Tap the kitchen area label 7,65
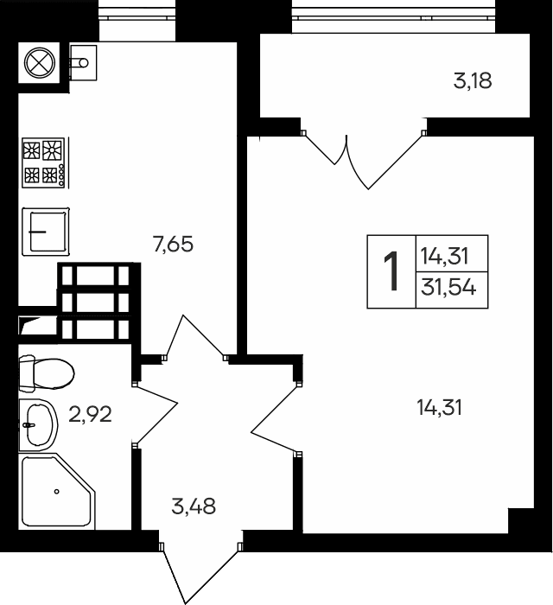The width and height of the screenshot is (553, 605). [173, 245]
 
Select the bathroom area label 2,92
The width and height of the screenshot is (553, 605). [91, 414]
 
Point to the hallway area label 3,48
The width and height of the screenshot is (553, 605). [194, 506]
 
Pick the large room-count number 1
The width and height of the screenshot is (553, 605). [391, 271]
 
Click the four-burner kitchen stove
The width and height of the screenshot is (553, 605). [42, 162]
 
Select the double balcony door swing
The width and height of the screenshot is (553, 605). [363, 157]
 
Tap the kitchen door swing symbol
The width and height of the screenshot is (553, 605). [194, 339]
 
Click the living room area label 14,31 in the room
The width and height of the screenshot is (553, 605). [439, 407]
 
